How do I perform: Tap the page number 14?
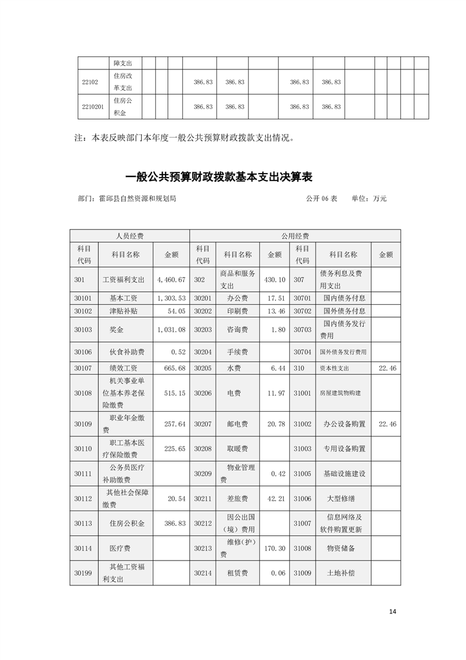393,611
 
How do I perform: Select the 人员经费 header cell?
129,235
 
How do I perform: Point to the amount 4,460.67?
171,279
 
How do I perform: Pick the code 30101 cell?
83,298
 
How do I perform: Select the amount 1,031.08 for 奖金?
171,329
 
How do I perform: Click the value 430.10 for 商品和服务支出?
273,279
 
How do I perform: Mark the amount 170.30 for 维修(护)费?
273,548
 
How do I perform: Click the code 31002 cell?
302,423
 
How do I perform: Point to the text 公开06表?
321,199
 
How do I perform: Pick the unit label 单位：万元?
369,199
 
